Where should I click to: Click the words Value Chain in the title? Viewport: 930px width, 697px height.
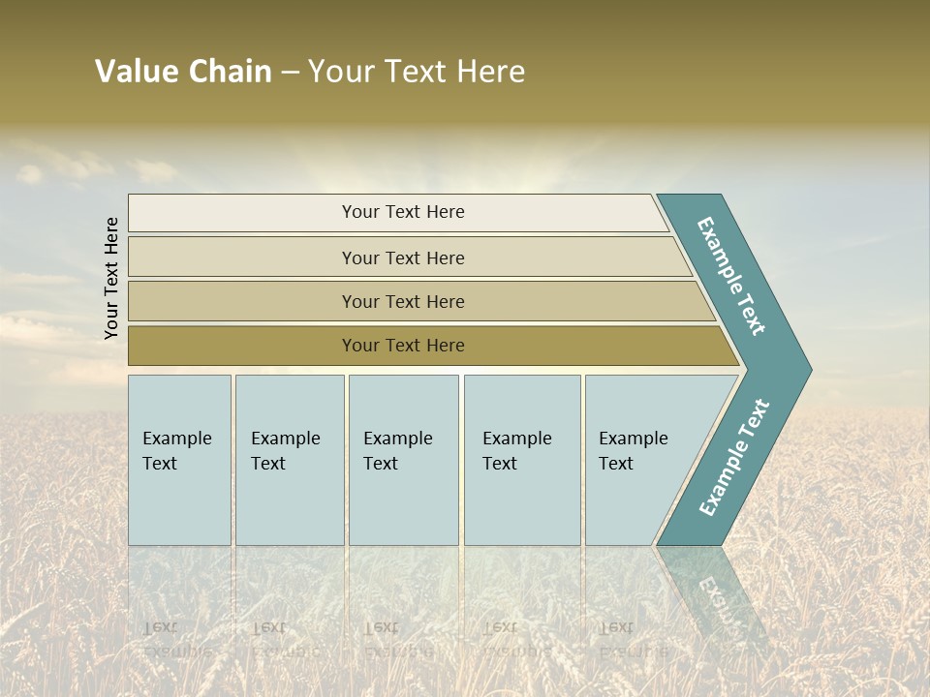[x=183, y=72]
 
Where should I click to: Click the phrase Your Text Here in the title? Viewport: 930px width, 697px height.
[x=417, y=72]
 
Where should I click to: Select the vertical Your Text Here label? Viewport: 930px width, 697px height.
[x=111, y=278]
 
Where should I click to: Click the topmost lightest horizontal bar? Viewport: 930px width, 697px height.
[x=402, y=212]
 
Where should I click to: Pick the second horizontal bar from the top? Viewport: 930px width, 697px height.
[x=402, y=258]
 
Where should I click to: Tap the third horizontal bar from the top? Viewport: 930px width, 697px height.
[x=402, y=301]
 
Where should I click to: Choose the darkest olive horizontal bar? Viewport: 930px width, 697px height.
[x=402, y=346]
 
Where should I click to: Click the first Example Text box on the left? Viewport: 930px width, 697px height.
[x=179, y=460]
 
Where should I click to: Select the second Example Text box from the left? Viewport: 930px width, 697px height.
[x=289, y=460]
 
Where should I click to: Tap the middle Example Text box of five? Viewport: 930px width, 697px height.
[x=403, y=460]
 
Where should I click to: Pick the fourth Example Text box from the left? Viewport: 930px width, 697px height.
[x=521, y=460]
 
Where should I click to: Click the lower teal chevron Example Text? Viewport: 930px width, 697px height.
[x=734, y=457]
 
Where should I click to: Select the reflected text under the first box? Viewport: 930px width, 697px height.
[x=177, y=639]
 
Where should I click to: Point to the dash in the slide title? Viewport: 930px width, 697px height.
[x=290, y=72]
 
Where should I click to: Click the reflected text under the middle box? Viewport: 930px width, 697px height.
[x=397, y=639]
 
